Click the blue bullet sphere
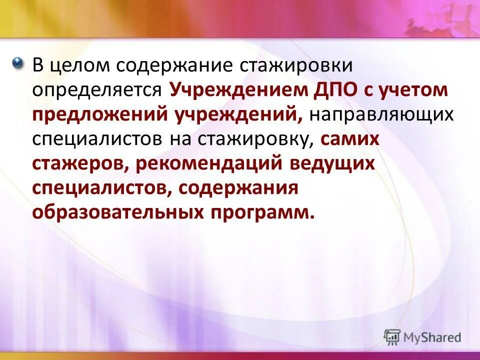[18, 63]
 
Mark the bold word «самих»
[350, 139]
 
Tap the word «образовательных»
[115, 212]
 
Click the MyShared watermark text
[433, 337]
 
